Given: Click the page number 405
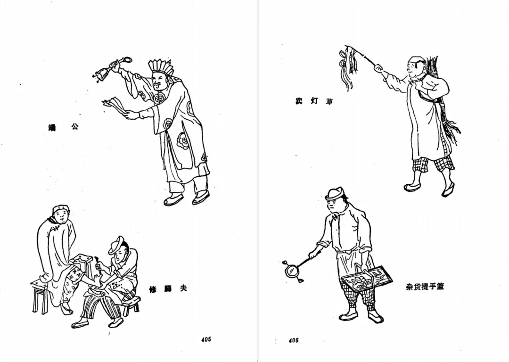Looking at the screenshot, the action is point(205,339).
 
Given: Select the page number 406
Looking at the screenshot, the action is point(294,340).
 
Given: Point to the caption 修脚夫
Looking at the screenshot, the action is point(167,288).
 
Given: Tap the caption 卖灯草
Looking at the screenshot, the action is point(314,101).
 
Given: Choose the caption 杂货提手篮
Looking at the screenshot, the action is point(424,287).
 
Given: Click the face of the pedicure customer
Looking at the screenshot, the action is point(61,217).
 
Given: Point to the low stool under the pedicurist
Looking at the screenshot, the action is point(131,305).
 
